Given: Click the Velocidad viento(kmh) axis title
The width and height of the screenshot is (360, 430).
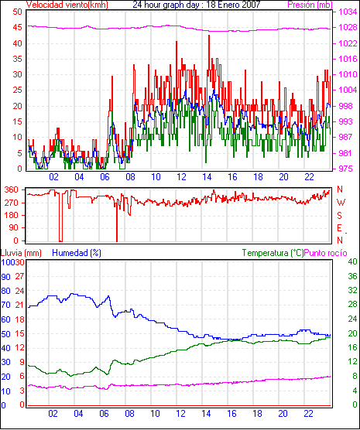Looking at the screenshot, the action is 67,5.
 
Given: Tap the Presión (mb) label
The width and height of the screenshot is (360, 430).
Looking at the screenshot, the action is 310,5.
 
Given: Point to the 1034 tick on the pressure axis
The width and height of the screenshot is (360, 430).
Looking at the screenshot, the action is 348,12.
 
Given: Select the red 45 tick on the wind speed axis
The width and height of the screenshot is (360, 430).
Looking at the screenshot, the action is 17,27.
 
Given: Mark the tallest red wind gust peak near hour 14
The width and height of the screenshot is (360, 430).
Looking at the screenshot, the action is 209,36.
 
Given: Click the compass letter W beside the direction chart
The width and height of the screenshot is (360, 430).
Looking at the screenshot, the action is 341,203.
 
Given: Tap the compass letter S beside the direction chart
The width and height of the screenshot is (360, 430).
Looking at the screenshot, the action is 339,216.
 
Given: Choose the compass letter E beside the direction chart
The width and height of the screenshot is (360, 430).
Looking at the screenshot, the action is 339,228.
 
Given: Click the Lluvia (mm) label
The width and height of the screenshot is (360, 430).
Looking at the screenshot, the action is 21,253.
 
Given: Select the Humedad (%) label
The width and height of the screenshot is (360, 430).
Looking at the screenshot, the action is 77,253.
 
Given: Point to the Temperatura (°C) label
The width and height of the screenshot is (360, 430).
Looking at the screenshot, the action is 273,253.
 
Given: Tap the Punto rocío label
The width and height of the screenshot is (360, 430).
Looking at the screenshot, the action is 326,253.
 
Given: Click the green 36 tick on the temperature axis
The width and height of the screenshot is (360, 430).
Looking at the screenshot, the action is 352,276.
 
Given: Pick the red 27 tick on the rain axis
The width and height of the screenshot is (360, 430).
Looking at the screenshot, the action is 19,276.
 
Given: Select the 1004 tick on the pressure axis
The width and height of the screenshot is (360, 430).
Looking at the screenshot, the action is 348,90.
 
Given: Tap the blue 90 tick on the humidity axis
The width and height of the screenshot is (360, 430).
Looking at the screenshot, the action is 5,277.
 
